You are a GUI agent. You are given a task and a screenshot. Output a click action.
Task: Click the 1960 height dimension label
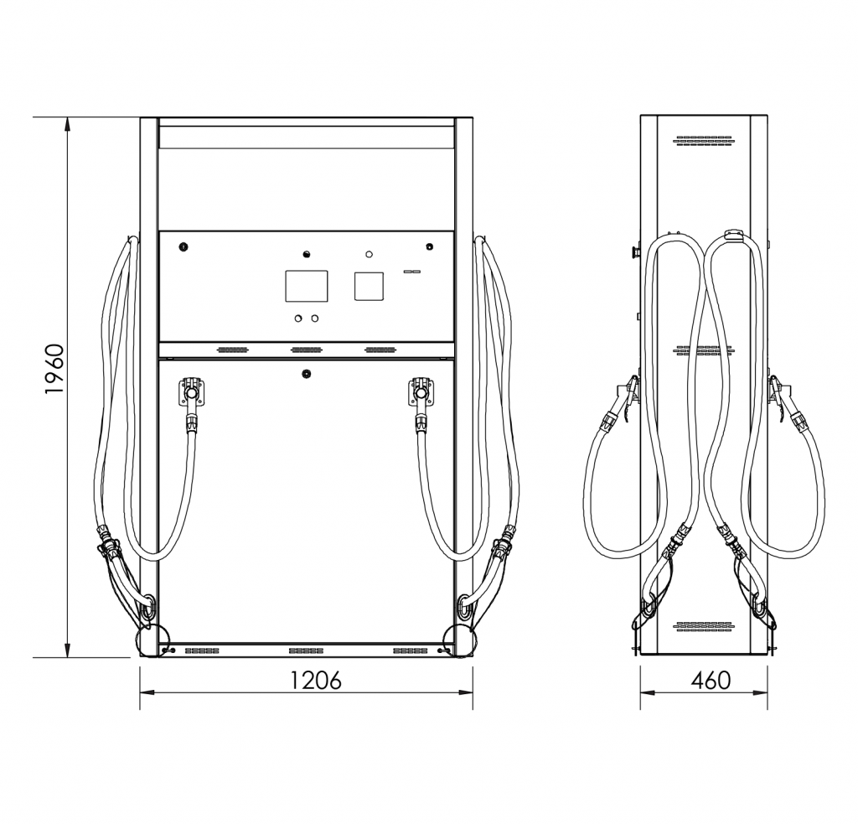[x=54, y=369]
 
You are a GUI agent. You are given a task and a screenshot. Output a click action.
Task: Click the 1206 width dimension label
[x=315, y=680]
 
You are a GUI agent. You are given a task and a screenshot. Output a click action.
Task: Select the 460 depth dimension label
[x=711, y=680]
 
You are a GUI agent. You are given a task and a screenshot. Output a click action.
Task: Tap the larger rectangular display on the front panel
[x=307, y=286]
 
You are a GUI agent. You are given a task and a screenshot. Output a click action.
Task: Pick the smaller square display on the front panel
[x=369, y=286]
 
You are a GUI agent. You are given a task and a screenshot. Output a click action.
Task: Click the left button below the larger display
[x=298, y=318]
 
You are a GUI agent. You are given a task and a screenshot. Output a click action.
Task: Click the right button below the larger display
[x=315, y=318]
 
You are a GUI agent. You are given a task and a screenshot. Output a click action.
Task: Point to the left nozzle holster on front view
[x=191, y=391]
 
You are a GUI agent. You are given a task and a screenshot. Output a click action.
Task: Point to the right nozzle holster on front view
[x=421, y=391]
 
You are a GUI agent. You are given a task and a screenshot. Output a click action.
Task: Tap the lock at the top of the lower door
[x=307, y=375]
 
